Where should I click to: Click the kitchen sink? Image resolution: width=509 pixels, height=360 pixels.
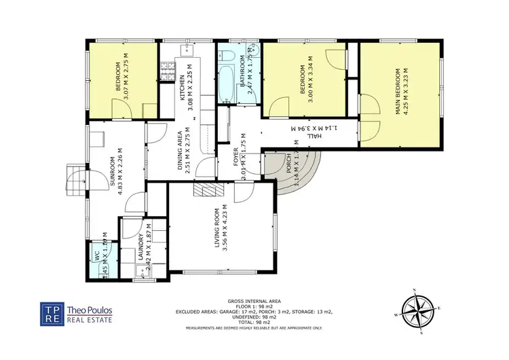pyautogui.click(x=187, y=50)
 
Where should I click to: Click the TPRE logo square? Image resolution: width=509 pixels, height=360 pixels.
pyautogui.click(x=51, y=314)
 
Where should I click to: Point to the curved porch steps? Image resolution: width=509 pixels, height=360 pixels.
pyautogui.click(x=305, y=171)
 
